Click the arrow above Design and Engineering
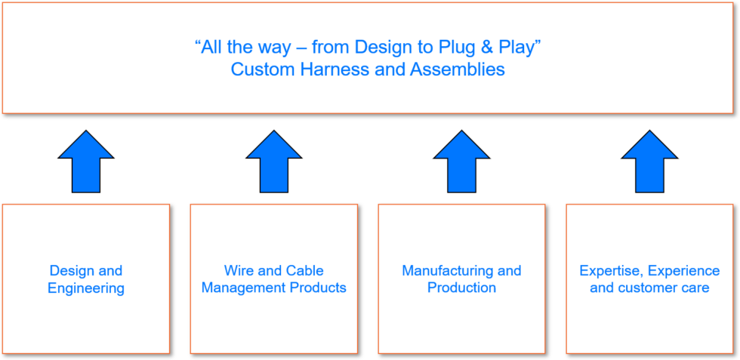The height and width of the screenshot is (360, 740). tap(86, 162)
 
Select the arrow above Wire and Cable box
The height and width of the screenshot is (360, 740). tap(274, 162)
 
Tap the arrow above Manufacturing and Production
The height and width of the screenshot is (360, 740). tap(461, 162)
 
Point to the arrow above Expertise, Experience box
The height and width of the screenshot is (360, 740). tap(649, 162)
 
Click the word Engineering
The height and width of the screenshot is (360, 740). tap(86, 288)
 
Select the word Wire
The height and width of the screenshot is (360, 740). tap(238, 270)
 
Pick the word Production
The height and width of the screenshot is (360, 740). tap(461, 288)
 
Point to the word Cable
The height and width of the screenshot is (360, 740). tap(305, 270)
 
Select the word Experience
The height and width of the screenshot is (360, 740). tap(683, 270)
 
